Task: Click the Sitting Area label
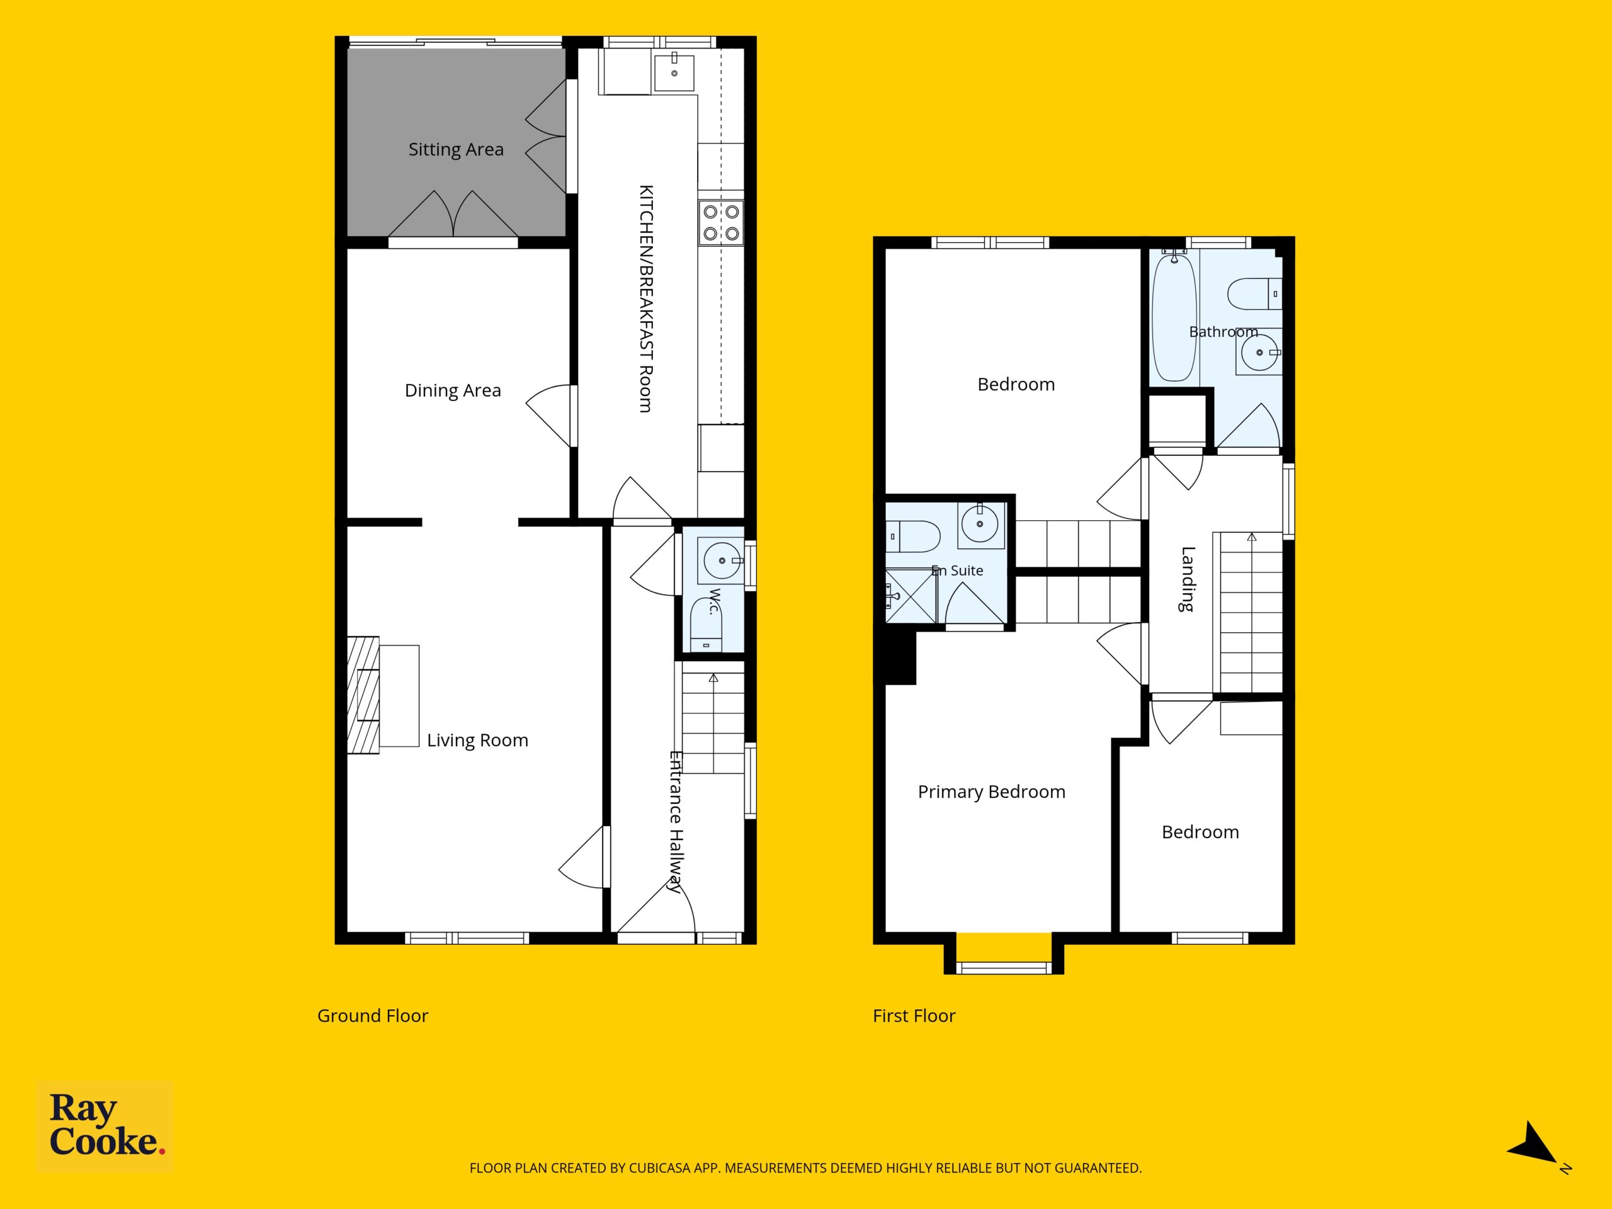tap(455, 149)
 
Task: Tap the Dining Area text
tap(453, 390)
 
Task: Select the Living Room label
tap(477, 741)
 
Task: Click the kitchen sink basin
tap(674, 72)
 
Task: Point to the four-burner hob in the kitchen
tap(721, 222)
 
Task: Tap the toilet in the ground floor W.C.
tap(705, 625)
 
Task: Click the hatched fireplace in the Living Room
tap(363, 695)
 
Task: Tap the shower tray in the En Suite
tap(910, 597)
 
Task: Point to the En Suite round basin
tap(980, 524)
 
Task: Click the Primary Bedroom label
tap(991, 792)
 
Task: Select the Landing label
tap(1188, 579)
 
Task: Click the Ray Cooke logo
tap(105, 1126)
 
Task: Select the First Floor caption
tap(914, 1016)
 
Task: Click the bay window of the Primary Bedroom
tap(1004, 967)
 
